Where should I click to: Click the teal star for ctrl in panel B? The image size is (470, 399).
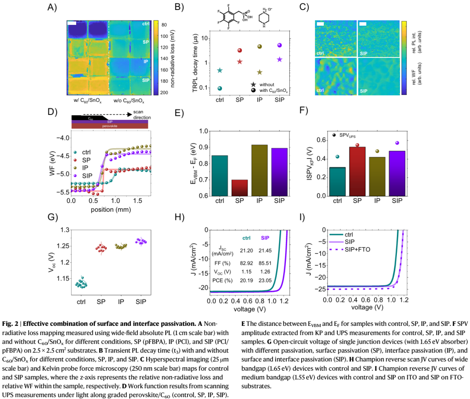220,70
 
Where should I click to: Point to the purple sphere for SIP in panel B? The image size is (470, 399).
279,45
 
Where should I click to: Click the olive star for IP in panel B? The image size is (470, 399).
259,72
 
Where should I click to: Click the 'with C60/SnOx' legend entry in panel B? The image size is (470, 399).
272,90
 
